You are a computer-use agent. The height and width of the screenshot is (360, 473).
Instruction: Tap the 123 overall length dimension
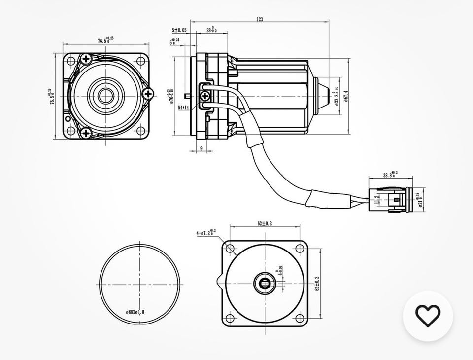tap(260, 19)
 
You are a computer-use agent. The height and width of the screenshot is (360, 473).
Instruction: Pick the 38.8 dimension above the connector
tap(390, 174)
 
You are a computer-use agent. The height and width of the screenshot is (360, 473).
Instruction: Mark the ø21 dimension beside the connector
tap(421, 200)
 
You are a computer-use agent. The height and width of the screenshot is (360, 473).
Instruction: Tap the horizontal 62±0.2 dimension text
tap(264, 223)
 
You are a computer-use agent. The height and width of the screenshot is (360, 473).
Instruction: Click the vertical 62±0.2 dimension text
tap(316, 283)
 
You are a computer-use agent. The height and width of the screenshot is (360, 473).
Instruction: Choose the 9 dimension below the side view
tap(202, 148)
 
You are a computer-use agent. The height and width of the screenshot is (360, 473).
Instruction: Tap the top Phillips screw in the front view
tap(87, 59)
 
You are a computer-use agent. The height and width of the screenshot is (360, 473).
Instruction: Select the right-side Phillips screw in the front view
tap(148, 93)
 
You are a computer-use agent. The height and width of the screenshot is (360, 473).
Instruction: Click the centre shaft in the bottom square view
tap(265, 283)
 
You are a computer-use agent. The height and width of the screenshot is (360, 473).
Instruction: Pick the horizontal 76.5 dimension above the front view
tap(104, 40)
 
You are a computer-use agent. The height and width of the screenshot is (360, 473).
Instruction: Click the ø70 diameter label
tap(172, 95)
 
